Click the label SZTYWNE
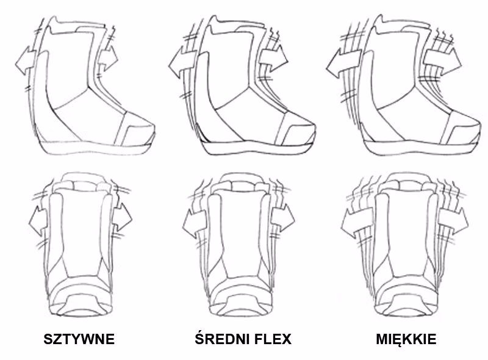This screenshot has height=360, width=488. tap(79, 339)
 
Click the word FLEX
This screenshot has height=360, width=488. tap(273, 339)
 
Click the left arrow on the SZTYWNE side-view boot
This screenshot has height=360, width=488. tap(26, 61)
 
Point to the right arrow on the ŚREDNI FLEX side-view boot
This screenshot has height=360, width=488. tap(273, 59)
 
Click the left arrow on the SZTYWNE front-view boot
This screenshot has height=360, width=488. tap(38, 220)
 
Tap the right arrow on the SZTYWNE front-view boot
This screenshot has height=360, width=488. tap(121, 217)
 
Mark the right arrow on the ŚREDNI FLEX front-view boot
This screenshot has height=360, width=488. tap(282, 218)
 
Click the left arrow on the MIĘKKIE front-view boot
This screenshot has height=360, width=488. tap(357, 223)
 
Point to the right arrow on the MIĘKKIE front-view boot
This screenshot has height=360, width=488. tap(453, 221)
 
